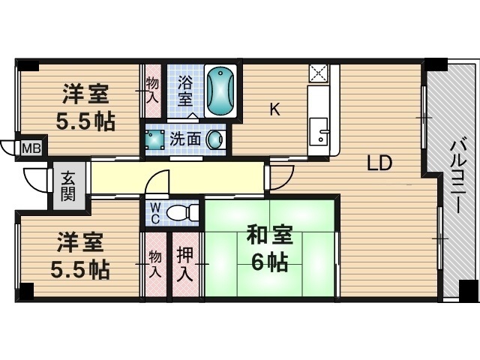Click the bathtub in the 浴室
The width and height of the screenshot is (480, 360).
[x=220, y=91]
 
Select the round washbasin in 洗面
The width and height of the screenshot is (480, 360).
[x=214, y=139]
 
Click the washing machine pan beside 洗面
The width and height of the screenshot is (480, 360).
[x=155, y=139]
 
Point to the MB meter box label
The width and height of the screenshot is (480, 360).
[x=31, y=148]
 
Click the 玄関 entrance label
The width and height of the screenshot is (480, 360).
[x=67, y=187]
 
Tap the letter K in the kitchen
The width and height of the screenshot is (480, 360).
[x=274, y=109]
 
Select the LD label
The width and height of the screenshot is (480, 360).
[x=379, y=163]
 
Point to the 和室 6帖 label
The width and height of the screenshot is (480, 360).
[x=270, y=248]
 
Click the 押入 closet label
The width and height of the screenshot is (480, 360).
[x=185, y=264]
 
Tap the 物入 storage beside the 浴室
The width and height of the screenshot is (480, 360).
[x=152, y=90]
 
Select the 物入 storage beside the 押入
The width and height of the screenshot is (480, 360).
[x=155, y=264]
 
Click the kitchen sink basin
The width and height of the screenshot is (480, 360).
[x=319, y=131]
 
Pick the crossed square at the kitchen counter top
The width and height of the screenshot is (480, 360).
[x=318, y=73]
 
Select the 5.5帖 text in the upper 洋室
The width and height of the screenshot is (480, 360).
[x=85, y=121]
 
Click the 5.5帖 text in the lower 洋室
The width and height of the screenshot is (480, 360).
[x=80, y=269]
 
